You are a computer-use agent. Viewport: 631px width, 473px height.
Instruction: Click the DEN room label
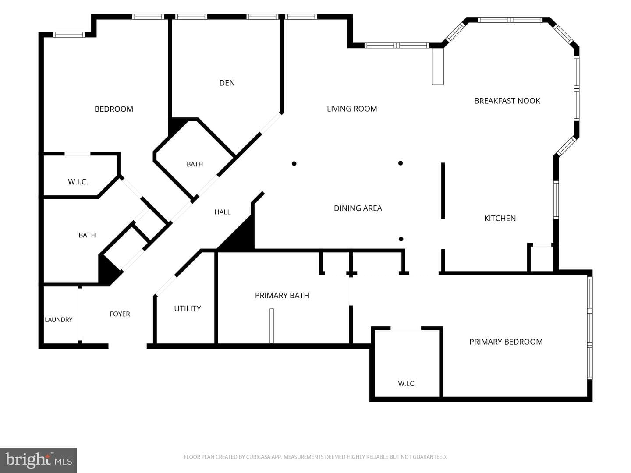tap(227, 83)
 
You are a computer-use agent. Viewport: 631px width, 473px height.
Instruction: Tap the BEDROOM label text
tap(114, 109)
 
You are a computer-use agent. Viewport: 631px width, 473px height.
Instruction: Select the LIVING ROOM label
tap(352, 109)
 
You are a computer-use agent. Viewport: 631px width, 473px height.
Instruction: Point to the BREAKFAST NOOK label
tap(507, 101)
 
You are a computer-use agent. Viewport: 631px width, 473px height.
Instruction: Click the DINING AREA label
tap(358, 208)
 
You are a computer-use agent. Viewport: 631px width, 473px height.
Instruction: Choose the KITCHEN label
tap(500, 218)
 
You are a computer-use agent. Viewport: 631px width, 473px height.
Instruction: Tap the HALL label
tap(223, 212)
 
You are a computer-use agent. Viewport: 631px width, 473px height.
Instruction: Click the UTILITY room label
tap(188, 308)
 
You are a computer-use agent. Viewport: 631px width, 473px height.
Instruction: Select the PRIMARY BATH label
tap(282, 295)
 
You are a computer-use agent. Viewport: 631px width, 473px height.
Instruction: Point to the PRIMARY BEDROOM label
tap(506, 342)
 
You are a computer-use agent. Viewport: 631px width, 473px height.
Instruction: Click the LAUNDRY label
tap(59, 320)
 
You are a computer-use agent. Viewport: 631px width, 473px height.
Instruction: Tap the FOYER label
tap(120, 314)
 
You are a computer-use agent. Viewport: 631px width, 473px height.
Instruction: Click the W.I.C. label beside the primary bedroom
tap(407, 383)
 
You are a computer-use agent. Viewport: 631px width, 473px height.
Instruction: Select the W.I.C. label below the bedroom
tap(78, 182)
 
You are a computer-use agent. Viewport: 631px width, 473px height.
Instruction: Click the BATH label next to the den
tap(195, 164)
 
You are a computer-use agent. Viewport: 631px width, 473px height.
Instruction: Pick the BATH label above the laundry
tap(87, 235)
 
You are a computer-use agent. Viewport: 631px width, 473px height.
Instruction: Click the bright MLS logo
tap(39, 460)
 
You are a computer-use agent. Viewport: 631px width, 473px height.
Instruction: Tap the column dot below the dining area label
tap(401, 239)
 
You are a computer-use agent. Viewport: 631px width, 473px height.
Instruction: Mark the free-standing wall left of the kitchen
tap(443, 191)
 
